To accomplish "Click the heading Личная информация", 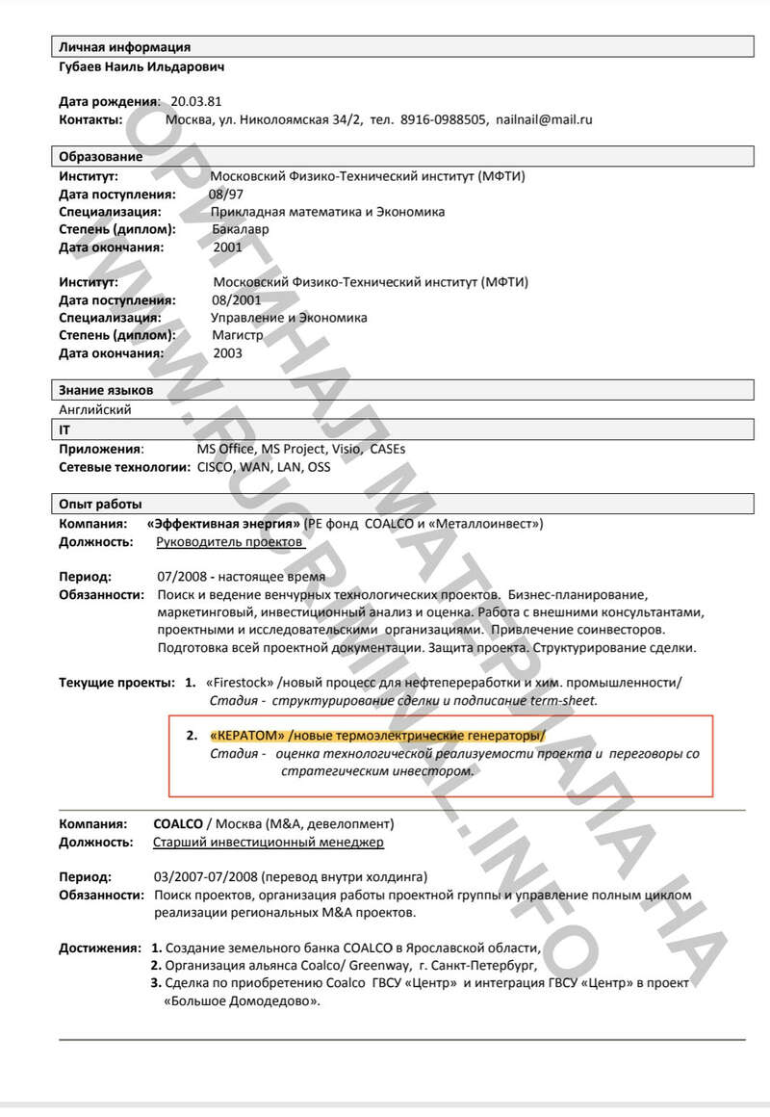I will coord(124,46).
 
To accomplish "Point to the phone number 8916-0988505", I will coord(443,119).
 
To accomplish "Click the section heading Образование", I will coord(100,156).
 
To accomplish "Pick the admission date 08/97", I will coord(226,194).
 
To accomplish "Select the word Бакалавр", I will coord(242,229).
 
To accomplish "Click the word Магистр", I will coord(238,335).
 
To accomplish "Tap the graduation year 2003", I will coord(228,352).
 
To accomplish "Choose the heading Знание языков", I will coord(106,390).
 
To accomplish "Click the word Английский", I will coord(95,408).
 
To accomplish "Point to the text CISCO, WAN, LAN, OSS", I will coord(263,467).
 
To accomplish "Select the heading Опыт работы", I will coord(100,504).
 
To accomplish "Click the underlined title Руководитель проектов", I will coord(230,541).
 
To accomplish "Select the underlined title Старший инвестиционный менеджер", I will coord(269,843).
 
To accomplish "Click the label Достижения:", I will coord(99,948).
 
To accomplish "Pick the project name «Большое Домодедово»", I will coord(241,1000).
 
